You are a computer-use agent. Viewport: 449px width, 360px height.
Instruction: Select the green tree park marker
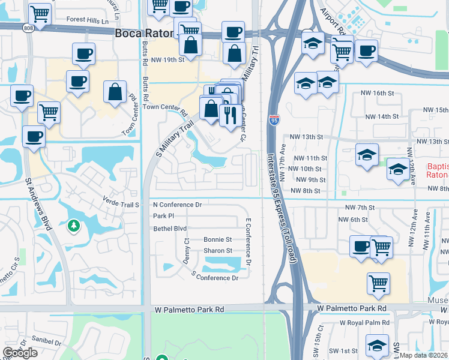[x=74, y=226]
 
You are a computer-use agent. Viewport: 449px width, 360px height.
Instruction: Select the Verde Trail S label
[x=121, y=204]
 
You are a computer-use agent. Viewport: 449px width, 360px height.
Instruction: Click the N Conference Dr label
[x=177, y=205]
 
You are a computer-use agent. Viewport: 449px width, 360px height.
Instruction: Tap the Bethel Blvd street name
[x=170, y=229]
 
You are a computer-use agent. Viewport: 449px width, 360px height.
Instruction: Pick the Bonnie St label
[x=217, y=239]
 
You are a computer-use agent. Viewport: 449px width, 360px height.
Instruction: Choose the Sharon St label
[x=217, y=251]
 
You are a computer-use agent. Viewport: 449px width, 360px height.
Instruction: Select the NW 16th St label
[x=376, y=94]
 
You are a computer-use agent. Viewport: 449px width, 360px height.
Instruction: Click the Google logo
[x=20, y=353]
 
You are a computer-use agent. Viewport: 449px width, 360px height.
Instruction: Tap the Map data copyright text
[x=424, y=355]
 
